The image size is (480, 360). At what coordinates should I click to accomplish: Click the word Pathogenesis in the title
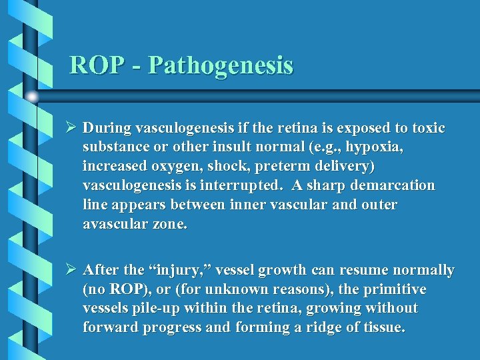point(221,65)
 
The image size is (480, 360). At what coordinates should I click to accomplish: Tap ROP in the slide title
point(95,65)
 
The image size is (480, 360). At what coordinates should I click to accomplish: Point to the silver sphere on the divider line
point(32,97)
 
